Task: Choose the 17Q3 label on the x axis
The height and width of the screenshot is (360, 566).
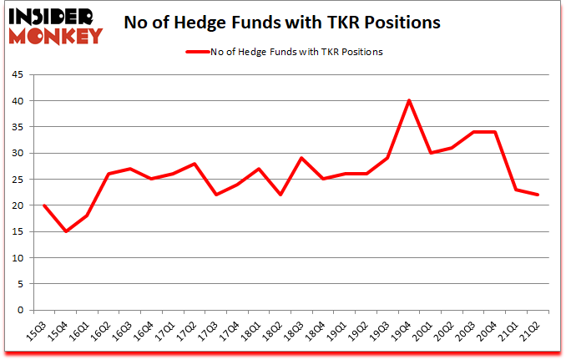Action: point(219,328)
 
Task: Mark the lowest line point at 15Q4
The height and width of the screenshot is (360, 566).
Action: point(66,231)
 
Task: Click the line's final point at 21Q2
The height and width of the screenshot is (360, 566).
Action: point(538,195)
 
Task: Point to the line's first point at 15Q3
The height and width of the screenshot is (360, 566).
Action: point(44,205)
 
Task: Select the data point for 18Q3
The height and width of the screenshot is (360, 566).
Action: point(301,158)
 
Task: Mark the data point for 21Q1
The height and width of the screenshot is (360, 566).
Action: point(516,190)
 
